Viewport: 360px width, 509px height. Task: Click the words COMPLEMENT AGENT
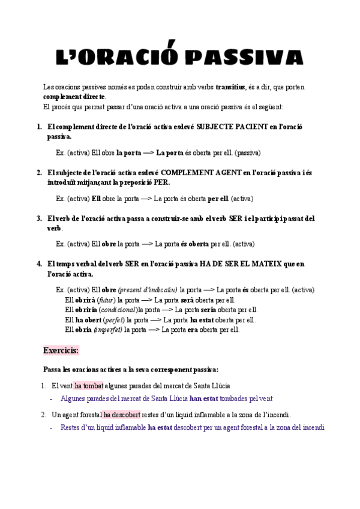coord(201,173)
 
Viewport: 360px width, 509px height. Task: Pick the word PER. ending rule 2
coord(160,182)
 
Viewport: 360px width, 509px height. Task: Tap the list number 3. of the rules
coord(39,218)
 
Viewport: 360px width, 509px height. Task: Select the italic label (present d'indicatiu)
coord(148,290)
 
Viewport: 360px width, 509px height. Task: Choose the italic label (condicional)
coord(118,310)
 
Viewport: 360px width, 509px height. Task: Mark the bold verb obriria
coord(86,310)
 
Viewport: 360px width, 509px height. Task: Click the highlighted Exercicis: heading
coord(61,350)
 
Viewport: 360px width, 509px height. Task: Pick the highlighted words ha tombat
coord(89,385)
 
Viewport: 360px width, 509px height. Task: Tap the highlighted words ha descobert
coord(122,414)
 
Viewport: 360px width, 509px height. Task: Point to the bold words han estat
coord(204,398)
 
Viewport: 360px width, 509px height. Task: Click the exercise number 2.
coord(44,414)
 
